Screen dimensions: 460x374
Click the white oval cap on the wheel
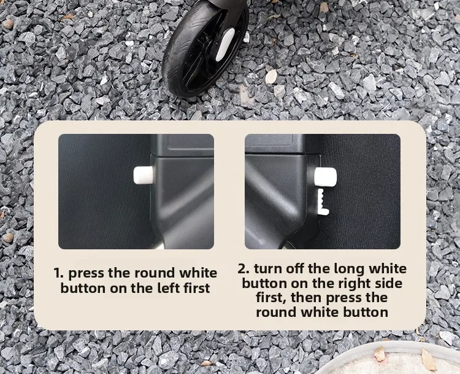pos(225,44)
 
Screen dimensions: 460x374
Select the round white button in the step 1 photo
pos(144,175)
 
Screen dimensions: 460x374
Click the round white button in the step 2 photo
pos(325,177)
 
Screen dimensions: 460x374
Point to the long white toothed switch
pos(323,202)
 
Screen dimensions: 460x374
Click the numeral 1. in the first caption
pos(58,273)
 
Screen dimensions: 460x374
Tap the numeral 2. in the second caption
pos(243,268)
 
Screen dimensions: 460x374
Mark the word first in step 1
pos(197,288)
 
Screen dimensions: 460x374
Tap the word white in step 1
pos(198,273)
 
